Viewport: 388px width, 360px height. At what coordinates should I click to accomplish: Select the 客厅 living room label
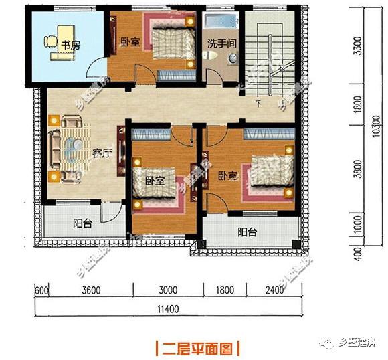point(102,153)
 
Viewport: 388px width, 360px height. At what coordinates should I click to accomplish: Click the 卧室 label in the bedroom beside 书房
point(130,43)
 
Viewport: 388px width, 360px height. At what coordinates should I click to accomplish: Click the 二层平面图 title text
point(197,348)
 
